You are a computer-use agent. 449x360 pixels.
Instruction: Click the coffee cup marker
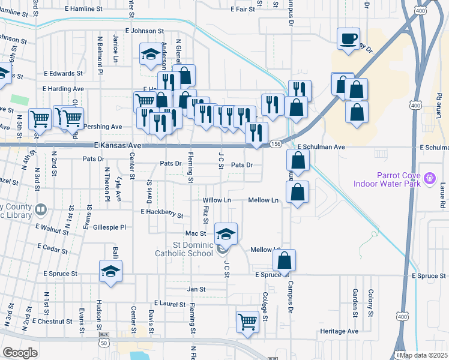click(348, 40)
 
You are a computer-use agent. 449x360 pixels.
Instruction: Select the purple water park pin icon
click(429, 178)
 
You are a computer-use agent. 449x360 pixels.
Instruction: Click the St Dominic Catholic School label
click(193, 249)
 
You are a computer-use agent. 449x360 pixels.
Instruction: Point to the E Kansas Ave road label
click(118, 146)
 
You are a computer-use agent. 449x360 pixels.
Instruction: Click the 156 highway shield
click(276, 144)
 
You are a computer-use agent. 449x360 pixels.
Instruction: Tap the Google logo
click(20, 353)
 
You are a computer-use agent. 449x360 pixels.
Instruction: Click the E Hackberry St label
click(161, 212)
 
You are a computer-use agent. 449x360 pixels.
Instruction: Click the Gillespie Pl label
click(110, 227)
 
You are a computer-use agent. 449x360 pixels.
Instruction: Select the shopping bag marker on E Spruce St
click(285, 260)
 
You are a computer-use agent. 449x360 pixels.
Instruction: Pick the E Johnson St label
click(144, 30)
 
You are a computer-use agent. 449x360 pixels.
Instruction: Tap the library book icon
click(41, 211)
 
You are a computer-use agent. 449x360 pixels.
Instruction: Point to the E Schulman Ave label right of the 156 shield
click(322, 147)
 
